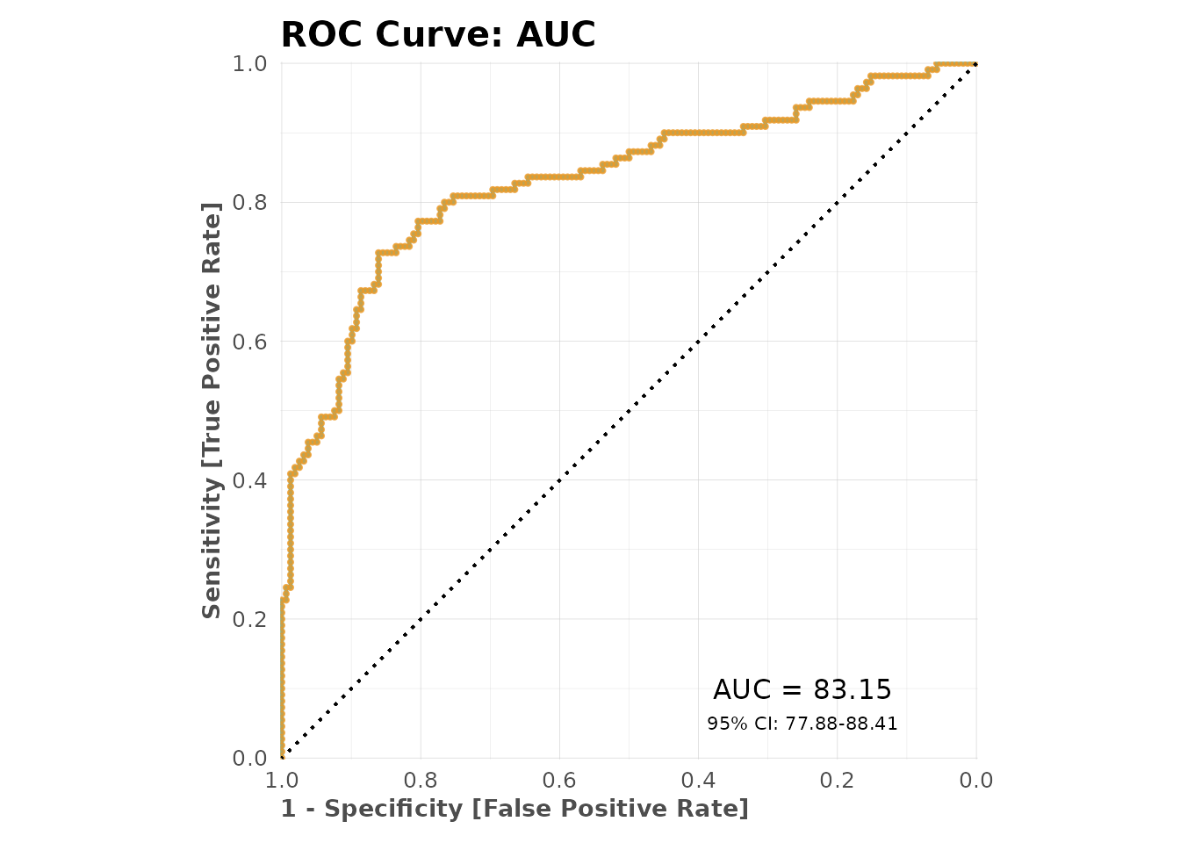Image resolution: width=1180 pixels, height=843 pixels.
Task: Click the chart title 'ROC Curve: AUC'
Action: [x=438, y=35]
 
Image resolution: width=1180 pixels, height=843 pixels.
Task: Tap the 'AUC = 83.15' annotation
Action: [x=802, y=690]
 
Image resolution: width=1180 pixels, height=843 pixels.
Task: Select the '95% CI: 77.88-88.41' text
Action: [x=802, y=724]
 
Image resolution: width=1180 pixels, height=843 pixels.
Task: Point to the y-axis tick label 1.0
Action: [x=249, y=64]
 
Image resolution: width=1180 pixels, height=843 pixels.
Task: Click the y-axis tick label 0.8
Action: [x=249, y=203]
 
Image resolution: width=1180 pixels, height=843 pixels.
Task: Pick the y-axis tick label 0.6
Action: [x=249, y=342]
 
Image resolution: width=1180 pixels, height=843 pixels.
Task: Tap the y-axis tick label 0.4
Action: [x=249, y=480]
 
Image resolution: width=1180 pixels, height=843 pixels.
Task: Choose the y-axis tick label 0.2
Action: [x=249, y=619]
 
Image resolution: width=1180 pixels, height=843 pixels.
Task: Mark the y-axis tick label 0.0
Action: [x=249, y=758]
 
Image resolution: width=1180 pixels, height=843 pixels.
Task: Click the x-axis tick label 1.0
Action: [x=281, y=781]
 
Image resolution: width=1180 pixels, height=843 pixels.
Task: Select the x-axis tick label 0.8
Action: [x=421, y=781]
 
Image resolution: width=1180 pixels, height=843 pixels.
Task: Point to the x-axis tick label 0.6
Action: [x=559, y=781]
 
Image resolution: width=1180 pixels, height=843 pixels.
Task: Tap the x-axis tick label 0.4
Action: [x=698, y=781]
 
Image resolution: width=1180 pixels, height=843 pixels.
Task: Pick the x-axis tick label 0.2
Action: [x=837, y=781]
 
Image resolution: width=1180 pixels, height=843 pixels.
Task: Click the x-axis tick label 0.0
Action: [x=975, y=781]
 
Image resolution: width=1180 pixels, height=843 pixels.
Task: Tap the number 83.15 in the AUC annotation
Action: [x=853, y=690]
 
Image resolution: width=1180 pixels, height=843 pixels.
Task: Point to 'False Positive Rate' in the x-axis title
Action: [x=610, y=809]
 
